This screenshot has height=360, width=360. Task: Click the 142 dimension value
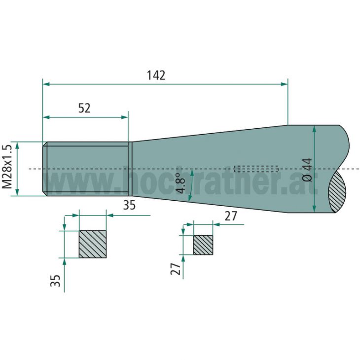156,75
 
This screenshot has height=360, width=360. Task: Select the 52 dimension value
84,108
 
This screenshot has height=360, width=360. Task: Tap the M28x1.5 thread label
7,167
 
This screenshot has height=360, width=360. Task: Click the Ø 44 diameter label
306,169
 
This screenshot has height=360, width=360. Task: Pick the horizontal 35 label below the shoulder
129,205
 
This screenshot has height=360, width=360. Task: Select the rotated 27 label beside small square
175,268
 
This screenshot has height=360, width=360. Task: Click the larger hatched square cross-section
93,244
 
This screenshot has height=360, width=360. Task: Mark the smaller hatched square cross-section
203,245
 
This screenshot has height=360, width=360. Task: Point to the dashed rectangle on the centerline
256,169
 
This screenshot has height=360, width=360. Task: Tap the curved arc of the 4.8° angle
190,185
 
